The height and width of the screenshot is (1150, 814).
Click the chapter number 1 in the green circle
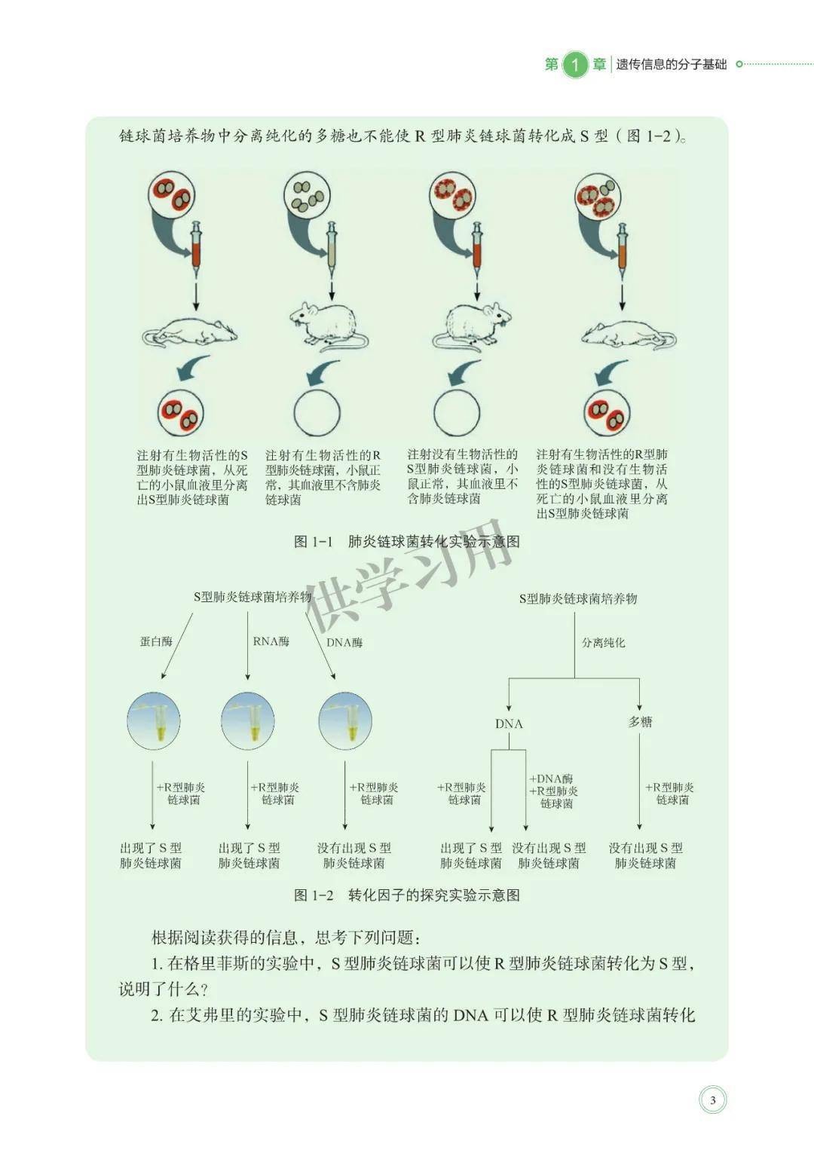tap(574, 64)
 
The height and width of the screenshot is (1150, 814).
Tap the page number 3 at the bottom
tap(712, 1100)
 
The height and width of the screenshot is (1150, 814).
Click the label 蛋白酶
tap(156, 641)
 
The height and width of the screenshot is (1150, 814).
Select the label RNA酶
tap(271, 641)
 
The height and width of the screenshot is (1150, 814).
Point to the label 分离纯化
tap(604, 643)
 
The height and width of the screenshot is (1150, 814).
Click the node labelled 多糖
tap(640, 723)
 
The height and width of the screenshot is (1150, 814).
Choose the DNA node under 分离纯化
tap(509, 724)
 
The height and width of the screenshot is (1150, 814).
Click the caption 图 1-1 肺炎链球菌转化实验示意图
tap(407, 542)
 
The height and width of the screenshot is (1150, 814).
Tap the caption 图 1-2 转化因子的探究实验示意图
tap(407, 895)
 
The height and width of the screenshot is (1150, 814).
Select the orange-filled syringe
tap(623, 252)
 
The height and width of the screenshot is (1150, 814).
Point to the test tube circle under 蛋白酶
tap(154, 720)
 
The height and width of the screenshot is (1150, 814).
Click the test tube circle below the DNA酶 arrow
tap(345, 720)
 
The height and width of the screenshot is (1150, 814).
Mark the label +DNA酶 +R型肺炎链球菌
tap(554, 791)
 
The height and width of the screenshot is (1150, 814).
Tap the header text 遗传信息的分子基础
tap(672, 65)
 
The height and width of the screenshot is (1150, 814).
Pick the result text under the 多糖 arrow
tap(646, 855)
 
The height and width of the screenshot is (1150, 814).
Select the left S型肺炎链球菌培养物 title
tap(252, 597)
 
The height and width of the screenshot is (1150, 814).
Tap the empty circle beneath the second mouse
tap(317, 413)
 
